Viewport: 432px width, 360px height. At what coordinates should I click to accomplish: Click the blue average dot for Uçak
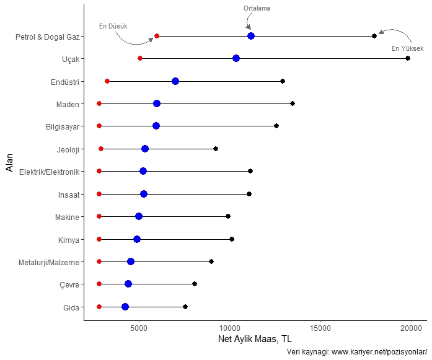(236, 58)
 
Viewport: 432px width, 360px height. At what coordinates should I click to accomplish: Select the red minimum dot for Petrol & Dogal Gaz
(157, 36)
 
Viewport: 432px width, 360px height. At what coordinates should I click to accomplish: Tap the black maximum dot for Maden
(293, 103)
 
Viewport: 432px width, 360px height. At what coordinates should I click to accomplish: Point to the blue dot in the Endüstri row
(175, 81)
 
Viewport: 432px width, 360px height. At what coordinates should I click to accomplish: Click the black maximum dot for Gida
(185, 307)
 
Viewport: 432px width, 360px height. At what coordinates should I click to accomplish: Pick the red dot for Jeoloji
(101, 149)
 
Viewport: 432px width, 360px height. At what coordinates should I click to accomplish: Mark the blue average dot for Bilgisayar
(156, 126)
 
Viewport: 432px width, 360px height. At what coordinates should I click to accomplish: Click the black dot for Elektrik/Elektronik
(250, 171)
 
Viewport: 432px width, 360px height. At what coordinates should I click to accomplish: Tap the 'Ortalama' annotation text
(257, 8)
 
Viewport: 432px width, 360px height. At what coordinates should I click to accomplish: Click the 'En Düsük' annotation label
(113, 26)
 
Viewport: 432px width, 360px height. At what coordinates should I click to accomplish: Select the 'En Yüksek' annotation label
(407, 48)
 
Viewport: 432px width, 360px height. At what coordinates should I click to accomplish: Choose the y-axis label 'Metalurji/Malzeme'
(48, 262)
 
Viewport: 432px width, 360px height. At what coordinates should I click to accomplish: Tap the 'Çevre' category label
(70, 284)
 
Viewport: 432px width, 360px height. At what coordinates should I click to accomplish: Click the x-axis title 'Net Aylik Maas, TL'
(255, 340)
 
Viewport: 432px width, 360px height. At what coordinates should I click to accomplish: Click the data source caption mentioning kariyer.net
(358, 352)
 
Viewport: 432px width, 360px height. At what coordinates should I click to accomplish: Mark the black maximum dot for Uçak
(408, 58)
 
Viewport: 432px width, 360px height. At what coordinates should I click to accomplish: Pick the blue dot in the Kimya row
(137, 239)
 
